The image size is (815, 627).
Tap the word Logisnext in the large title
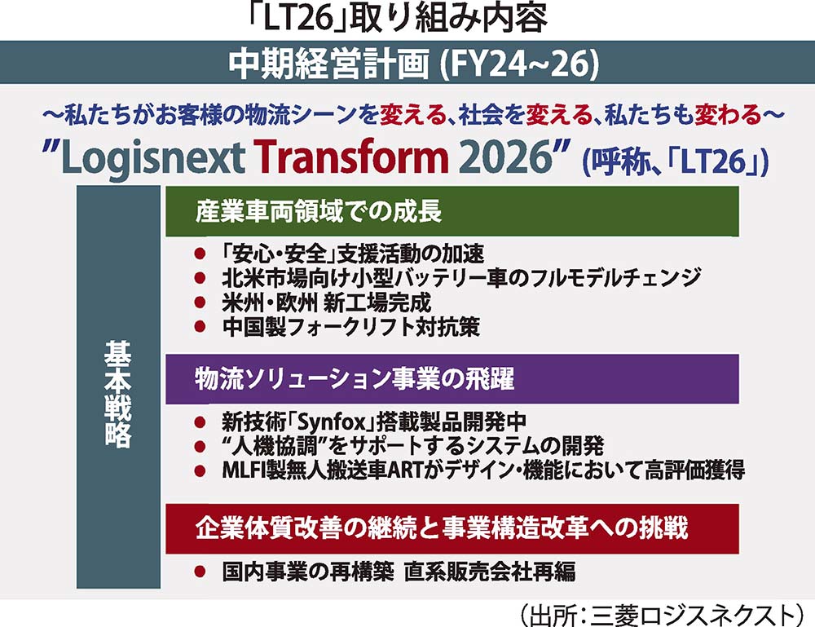click(153, 158)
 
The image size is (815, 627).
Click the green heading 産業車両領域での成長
click(319, 212)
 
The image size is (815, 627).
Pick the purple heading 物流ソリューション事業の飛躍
click(355, 379)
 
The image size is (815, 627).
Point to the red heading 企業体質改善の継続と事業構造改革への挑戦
click(442, 528)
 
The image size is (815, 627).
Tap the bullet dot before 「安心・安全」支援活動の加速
click(200, 254)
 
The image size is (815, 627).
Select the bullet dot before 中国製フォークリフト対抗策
click(200, 326)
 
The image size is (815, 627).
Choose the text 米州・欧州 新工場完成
click(327, 302)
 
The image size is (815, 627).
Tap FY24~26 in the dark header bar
click(518, 64)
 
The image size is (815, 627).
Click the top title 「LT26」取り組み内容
click(397, 19)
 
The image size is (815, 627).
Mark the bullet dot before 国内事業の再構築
click(200, 572)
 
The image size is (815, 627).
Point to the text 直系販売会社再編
click(490, 572)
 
